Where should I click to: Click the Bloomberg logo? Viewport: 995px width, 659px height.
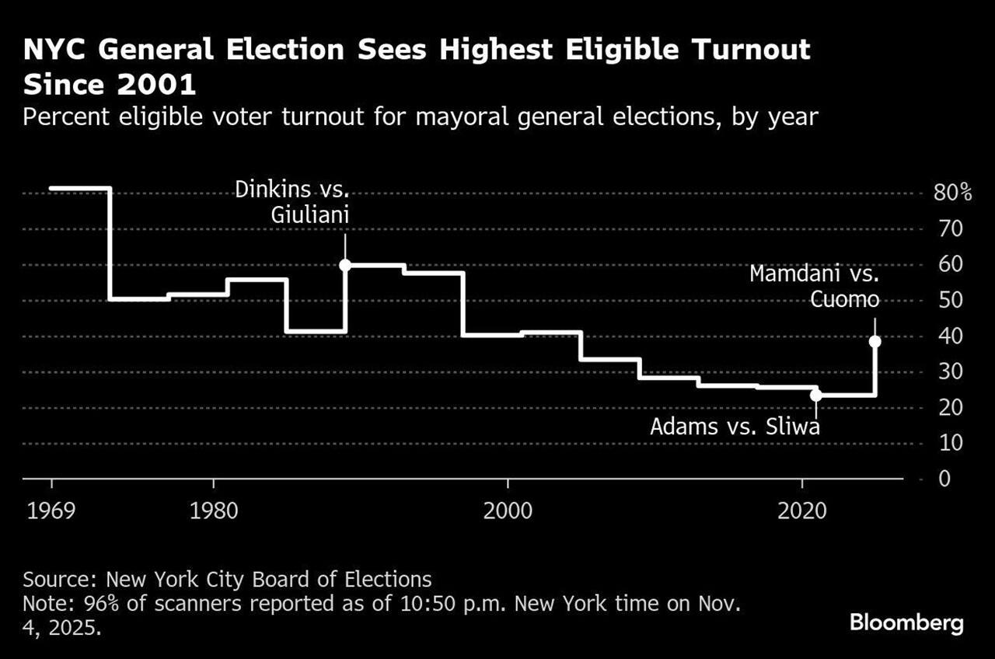pos(906,622)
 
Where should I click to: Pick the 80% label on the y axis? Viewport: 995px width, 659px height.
pos(952,193)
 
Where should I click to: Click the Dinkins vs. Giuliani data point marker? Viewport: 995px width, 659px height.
pos(345,265)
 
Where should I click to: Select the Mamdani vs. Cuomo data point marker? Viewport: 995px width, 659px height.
pos(875,341)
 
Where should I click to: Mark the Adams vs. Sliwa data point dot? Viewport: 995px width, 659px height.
pos(815,395)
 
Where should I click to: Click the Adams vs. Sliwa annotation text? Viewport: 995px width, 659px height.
pos(735,427)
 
